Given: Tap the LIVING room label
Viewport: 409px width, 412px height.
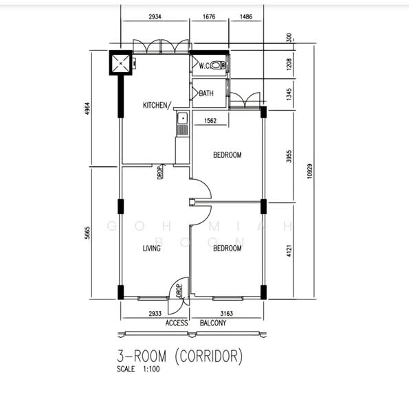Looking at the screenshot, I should (x=151, y=248).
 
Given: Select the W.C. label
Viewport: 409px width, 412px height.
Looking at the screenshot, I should (x=205, y=66).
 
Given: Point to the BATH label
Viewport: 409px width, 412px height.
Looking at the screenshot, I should (x=206, y=93).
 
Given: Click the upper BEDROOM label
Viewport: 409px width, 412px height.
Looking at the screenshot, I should (x=227, y=155).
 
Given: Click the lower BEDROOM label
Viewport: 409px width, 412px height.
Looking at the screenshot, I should (x=227, y=248).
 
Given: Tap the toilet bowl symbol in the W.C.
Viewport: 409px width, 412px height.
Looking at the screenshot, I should (x=219, y=66).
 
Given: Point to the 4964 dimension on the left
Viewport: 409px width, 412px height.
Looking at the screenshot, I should (x=87, y=108).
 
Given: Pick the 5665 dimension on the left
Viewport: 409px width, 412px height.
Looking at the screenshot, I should (x=87, y=233).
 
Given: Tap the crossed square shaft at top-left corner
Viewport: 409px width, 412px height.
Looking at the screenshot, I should (x=121, y=64).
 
